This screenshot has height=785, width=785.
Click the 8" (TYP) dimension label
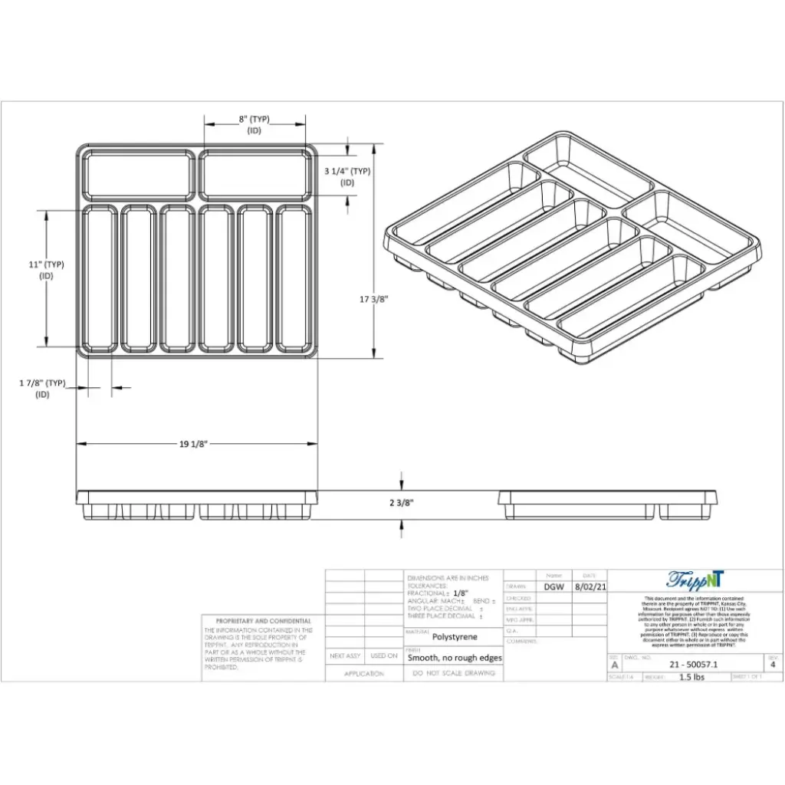click(x=255, y=120)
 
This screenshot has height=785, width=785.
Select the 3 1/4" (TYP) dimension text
click(x=347, y=172)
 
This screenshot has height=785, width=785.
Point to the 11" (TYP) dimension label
click(x=46, y=264)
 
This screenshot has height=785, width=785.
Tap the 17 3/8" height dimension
click(x=390, y=300)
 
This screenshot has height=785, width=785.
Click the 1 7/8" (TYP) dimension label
click(x=42, y=383)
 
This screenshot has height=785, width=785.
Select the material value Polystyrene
click(x=454, y=636)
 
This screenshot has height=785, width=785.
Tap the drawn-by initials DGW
click(x=554, y=586)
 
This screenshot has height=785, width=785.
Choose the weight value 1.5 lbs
click(x=691, y=678)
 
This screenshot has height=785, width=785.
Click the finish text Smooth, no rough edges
click(x=455, y=658)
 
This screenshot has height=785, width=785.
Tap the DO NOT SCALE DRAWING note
click(x=454, y=673)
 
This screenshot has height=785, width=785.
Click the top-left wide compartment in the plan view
click(x=138, y=175)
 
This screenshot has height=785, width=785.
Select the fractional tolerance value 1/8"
click(x=460, y=593)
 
